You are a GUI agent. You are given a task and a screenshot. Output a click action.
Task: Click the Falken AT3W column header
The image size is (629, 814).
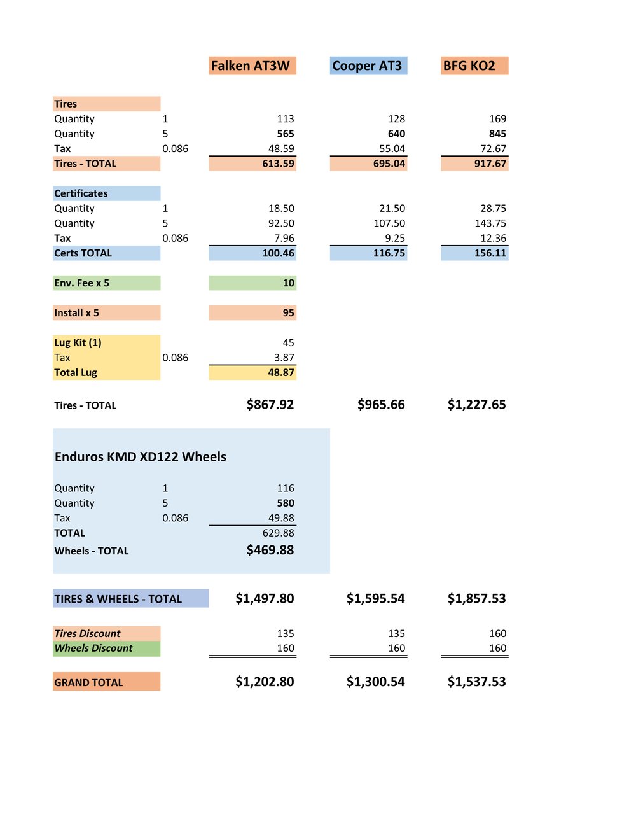coord(250,66)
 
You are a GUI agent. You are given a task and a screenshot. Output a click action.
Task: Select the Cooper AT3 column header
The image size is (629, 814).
coord(367,66)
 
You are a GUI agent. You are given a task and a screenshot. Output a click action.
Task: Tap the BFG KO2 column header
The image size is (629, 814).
coord(469,66)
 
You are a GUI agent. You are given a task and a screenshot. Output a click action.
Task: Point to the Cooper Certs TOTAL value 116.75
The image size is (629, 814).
coord(389,253)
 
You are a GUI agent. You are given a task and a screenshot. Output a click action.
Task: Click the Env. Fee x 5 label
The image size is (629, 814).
coord(81,283)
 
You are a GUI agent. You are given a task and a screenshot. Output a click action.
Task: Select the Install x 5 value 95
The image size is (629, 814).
coord(288,312)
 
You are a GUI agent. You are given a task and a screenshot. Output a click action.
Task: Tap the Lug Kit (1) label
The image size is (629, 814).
coord(78,343)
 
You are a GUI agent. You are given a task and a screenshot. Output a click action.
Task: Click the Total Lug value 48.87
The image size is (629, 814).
coord(281,372)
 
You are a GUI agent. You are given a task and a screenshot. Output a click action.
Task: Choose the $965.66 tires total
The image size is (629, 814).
coord(381,405)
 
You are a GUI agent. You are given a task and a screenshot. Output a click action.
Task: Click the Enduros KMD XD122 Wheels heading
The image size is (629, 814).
coord(141,456)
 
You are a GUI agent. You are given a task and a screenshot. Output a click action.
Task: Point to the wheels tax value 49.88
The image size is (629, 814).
coord(281,517)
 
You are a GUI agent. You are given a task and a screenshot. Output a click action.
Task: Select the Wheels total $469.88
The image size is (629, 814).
coord(270,550)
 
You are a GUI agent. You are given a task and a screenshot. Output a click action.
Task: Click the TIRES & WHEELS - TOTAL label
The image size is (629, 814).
coord(118,599)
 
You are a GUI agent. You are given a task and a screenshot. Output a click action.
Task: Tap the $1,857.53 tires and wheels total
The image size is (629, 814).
coord(477,598)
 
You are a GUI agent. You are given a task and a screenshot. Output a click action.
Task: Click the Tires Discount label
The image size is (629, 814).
coord(87,633)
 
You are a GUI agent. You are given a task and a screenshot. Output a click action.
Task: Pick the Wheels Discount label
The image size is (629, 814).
coord(93,648)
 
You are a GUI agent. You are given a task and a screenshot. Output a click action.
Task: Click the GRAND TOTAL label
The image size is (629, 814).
coord(88,682)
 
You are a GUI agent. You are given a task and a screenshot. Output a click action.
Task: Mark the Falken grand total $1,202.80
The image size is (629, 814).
coord(265,682)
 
